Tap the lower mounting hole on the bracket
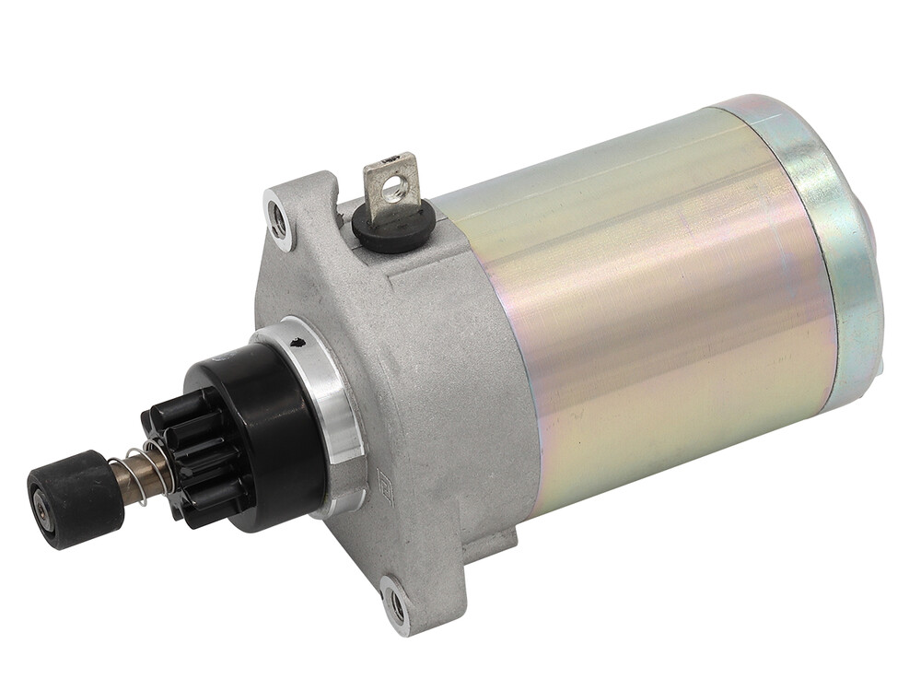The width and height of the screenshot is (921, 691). [x=397, y=603]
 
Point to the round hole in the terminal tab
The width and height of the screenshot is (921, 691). [x=394, y=189]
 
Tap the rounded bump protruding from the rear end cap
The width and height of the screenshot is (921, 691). [x=875, y=230]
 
